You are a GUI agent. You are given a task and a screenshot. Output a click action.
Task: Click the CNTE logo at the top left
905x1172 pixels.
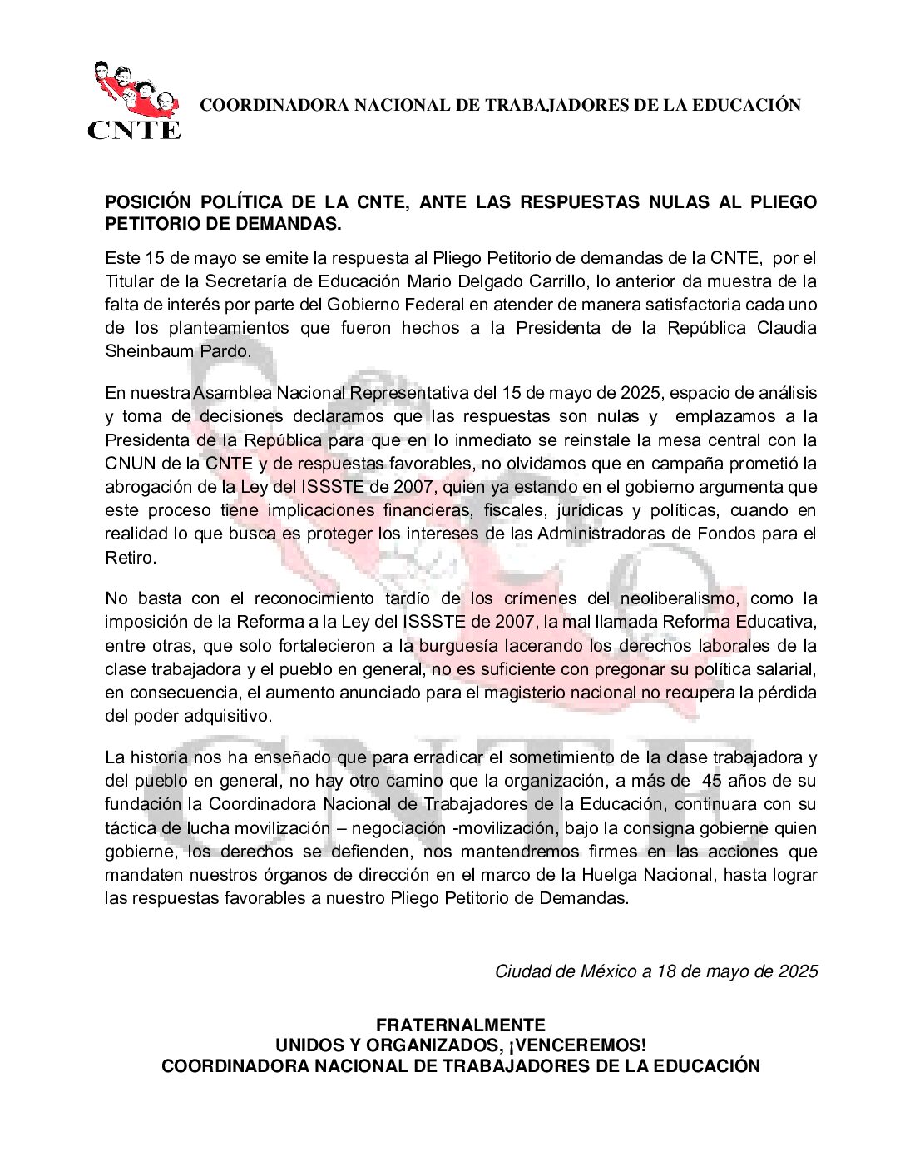click(x=133, y=101)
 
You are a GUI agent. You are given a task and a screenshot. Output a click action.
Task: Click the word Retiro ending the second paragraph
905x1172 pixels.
click(x=130, y=558)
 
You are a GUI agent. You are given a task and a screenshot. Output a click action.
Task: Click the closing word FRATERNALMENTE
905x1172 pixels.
click(x=460, y=1025)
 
